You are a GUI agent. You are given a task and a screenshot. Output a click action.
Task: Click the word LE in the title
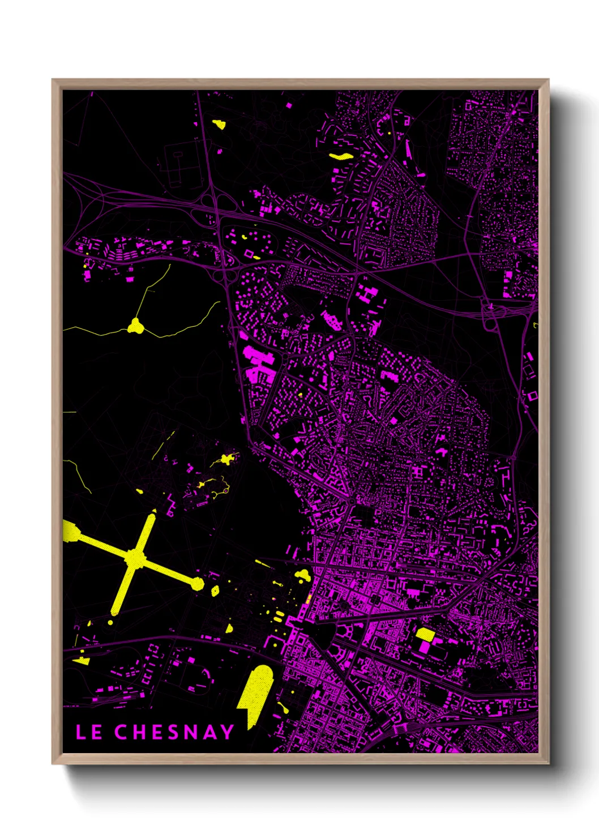pos(89,732)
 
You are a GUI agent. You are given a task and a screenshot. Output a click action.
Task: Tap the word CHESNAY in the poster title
pos(174,732)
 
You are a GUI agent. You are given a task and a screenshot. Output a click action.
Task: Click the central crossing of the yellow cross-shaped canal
pos(136,558)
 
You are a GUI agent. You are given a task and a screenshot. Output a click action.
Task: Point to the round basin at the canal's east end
pos(198,584)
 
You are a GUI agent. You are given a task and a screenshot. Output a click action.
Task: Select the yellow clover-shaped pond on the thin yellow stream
pos(135,326)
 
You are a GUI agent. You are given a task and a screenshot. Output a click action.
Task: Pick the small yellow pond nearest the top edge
pos(219,124)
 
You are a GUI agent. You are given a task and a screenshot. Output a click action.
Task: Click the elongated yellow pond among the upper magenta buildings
pos(341,156)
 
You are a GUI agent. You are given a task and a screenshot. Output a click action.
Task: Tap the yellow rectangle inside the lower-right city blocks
pos(425,635)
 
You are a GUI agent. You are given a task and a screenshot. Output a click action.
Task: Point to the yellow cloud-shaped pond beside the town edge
pos(303,576)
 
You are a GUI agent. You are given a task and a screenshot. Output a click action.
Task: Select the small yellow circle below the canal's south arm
pos(110,622)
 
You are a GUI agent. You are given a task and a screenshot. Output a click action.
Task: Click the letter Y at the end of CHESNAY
pos(226,732)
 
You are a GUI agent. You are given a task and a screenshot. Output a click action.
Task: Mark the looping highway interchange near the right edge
pos(490,315)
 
